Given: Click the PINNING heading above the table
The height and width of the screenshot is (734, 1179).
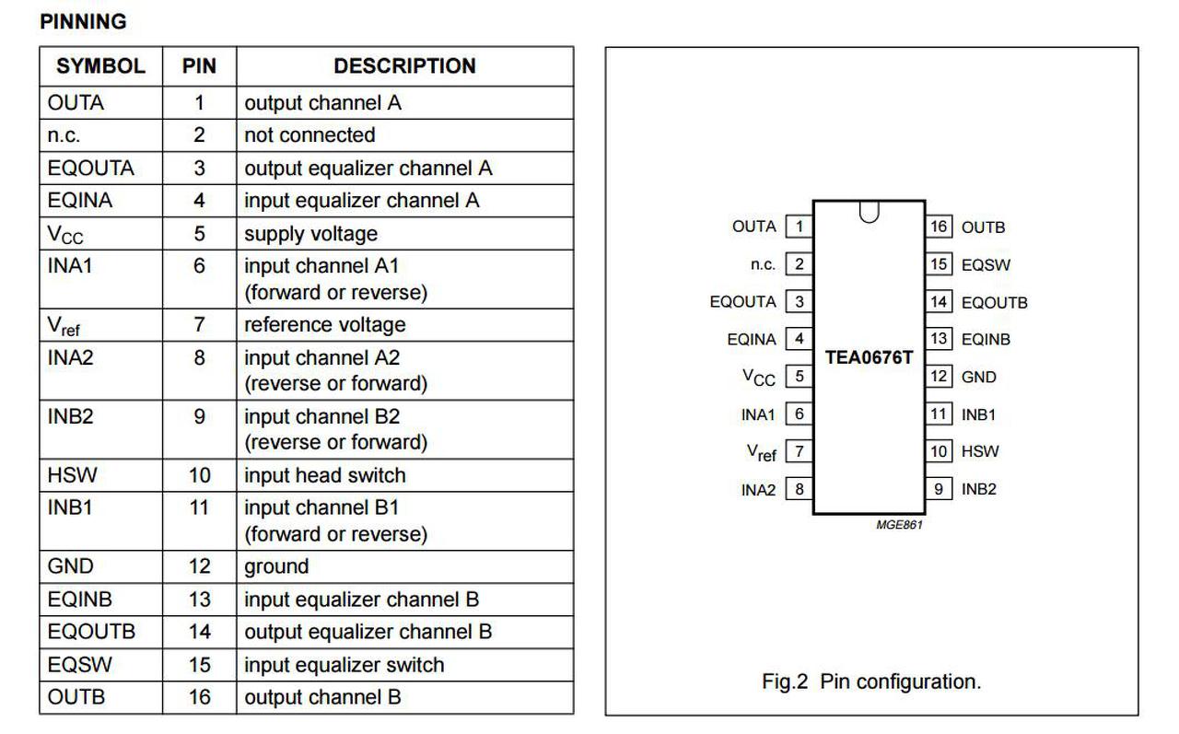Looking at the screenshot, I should click(x=83, y=21).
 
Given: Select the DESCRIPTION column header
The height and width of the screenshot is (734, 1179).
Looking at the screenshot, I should click(x=404, y=66).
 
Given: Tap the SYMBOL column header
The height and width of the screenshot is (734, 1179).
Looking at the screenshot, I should click(x=100, y=66).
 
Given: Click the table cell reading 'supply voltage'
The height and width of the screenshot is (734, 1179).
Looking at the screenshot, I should click(x=310, y=234).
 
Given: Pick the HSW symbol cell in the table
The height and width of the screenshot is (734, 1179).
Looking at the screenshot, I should click(x=72, y=475).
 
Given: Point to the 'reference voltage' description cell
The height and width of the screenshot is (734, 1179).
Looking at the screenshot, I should click(x=324, y=325).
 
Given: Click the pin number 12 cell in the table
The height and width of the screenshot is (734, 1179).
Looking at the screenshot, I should click(x=199, y=566).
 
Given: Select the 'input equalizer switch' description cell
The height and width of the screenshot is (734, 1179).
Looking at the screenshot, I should click(x=344, y=665).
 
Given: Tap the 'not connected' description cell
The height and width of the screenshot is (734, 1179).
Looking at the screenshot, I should click(x=309, y=135).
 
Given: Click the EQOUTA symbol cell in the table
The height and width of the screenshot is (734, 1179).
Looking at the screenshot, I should click(x=90, y=169).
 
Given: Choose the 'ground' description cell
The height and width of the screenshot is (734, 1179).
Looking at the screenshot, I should click(x=276, y=566).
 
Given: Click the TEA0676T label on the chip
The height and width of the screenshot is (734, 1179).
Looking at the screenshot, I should click(x=869, y=357).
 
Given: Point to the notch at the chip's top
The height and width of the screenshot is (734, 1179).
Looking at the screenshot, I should click(x=869, y=211).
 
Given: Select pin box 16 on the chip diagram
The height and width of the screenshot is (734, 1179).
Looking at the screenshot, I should click(x=939, y=227).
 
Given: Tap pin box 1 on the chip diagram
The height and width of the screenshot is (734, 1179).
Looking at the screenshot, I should click(x=800, y=227).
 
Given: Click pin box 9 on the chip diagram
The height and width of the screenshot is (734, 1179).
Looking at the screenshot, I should click(x=939, y=489).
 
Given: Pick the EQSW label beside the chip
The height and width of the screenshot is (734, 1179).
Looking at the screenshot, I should click(x=986, y=265).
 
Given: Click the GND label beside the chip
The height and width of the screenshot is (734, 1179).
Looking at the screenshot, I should click(x=978, y=378).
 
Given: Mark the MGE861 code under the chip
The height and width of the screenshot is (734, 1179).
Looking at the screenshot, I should click(x=899, y=525).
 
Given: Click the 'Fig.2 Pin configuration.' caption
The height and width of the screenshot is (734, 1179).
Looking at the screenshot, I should click(x=871, y=682).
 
